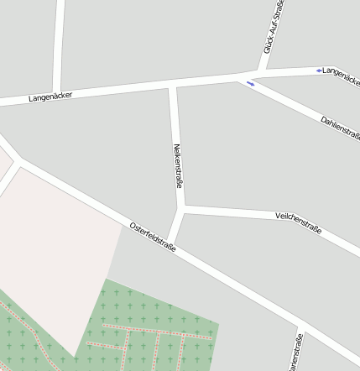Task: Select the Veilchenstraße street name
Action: pos(298,222)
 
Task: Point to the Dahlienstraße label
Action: pos(340,128)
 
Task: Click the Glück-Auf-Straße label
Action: pos(274,29)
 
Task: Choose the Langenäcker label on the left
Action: pos(50,97)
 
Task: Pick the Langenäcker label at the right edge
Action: pos(342,76)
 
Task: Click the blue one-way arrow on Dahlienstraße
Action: pos(250,83)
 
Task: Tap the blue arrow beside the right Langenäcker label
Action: pos(319,71)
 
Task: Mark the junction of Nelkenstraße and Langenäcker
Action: pos(173,85)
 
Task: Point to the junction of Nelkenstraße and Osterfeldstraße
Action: pos(171,243)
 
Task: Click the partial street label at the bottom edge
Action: pos(295,353)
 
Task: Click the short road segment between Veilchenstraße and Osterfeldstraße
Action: pos(176,225)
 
